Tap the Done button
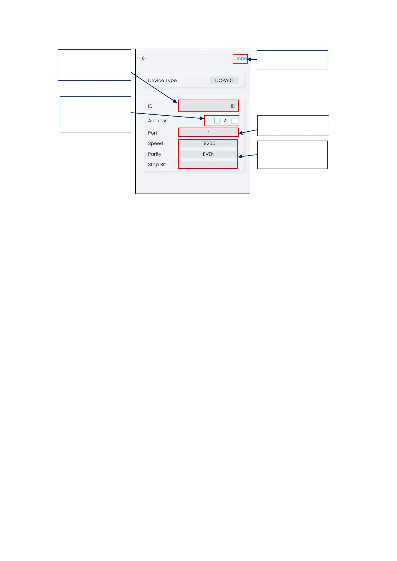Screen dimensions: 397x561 tap(240, 59)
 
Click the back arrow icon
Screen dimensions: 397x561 tap(145, 58)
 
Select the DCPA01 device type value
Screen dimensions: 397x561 tap(224, 80)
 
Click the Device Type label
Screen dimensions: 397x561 tap(162, 81)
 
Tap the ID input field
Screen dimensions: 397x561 tap(208, 106)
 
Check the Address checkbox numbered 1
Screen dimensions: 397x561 tap(217, 121)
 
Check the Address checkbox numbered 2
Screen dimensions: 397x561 tap(234, 121)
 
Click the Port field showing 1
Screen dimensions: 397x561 tap(208, 133)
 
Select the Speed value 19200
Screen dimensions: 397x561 tap(208, 143)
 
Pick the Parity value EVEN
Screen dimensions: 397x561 tap(208, 154)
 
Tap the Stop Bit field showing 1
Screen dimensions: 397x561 tap(208, 165)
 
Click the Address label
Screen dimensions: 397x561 tap(158, 121)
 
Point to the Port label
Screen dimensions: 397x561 tap(153, 133)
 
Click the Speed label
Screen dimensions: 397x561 tap(156, 144)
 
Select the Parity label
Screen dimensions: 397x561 tap(155, 154)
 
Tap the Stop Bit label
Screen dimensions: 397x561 tap(157, 165)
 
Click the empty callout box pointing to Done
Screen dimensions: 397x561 tap(292, 60)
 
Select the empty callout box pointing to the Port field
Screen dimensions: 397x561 tap(293, 126)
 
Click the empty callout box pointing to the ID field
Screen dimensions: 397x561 tap(94, 65)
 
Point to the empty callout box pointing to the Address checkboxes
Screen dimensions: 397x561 tap(95, 115)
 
